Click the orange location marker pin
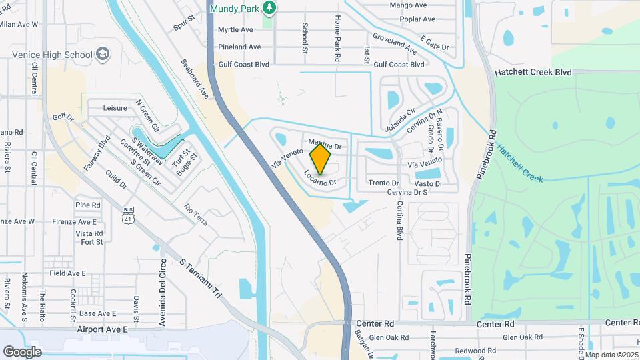tap(321, 159)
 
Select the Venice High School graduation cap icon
tap(103, 54)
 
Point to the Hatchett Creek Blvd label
tap(533, 72)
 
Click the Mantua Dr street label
tap(325, 144)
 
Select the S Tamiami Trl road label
tap(200, 277)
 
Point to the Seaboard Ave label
tap(195, 79)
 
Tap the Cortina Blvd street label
tap(400, 221)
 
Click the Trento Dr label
tap(383, 183)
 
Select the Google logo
tap(22, 351)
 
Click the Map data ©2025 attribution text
tap(612, 355)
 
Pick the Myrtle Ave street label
tap(235, 30)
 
